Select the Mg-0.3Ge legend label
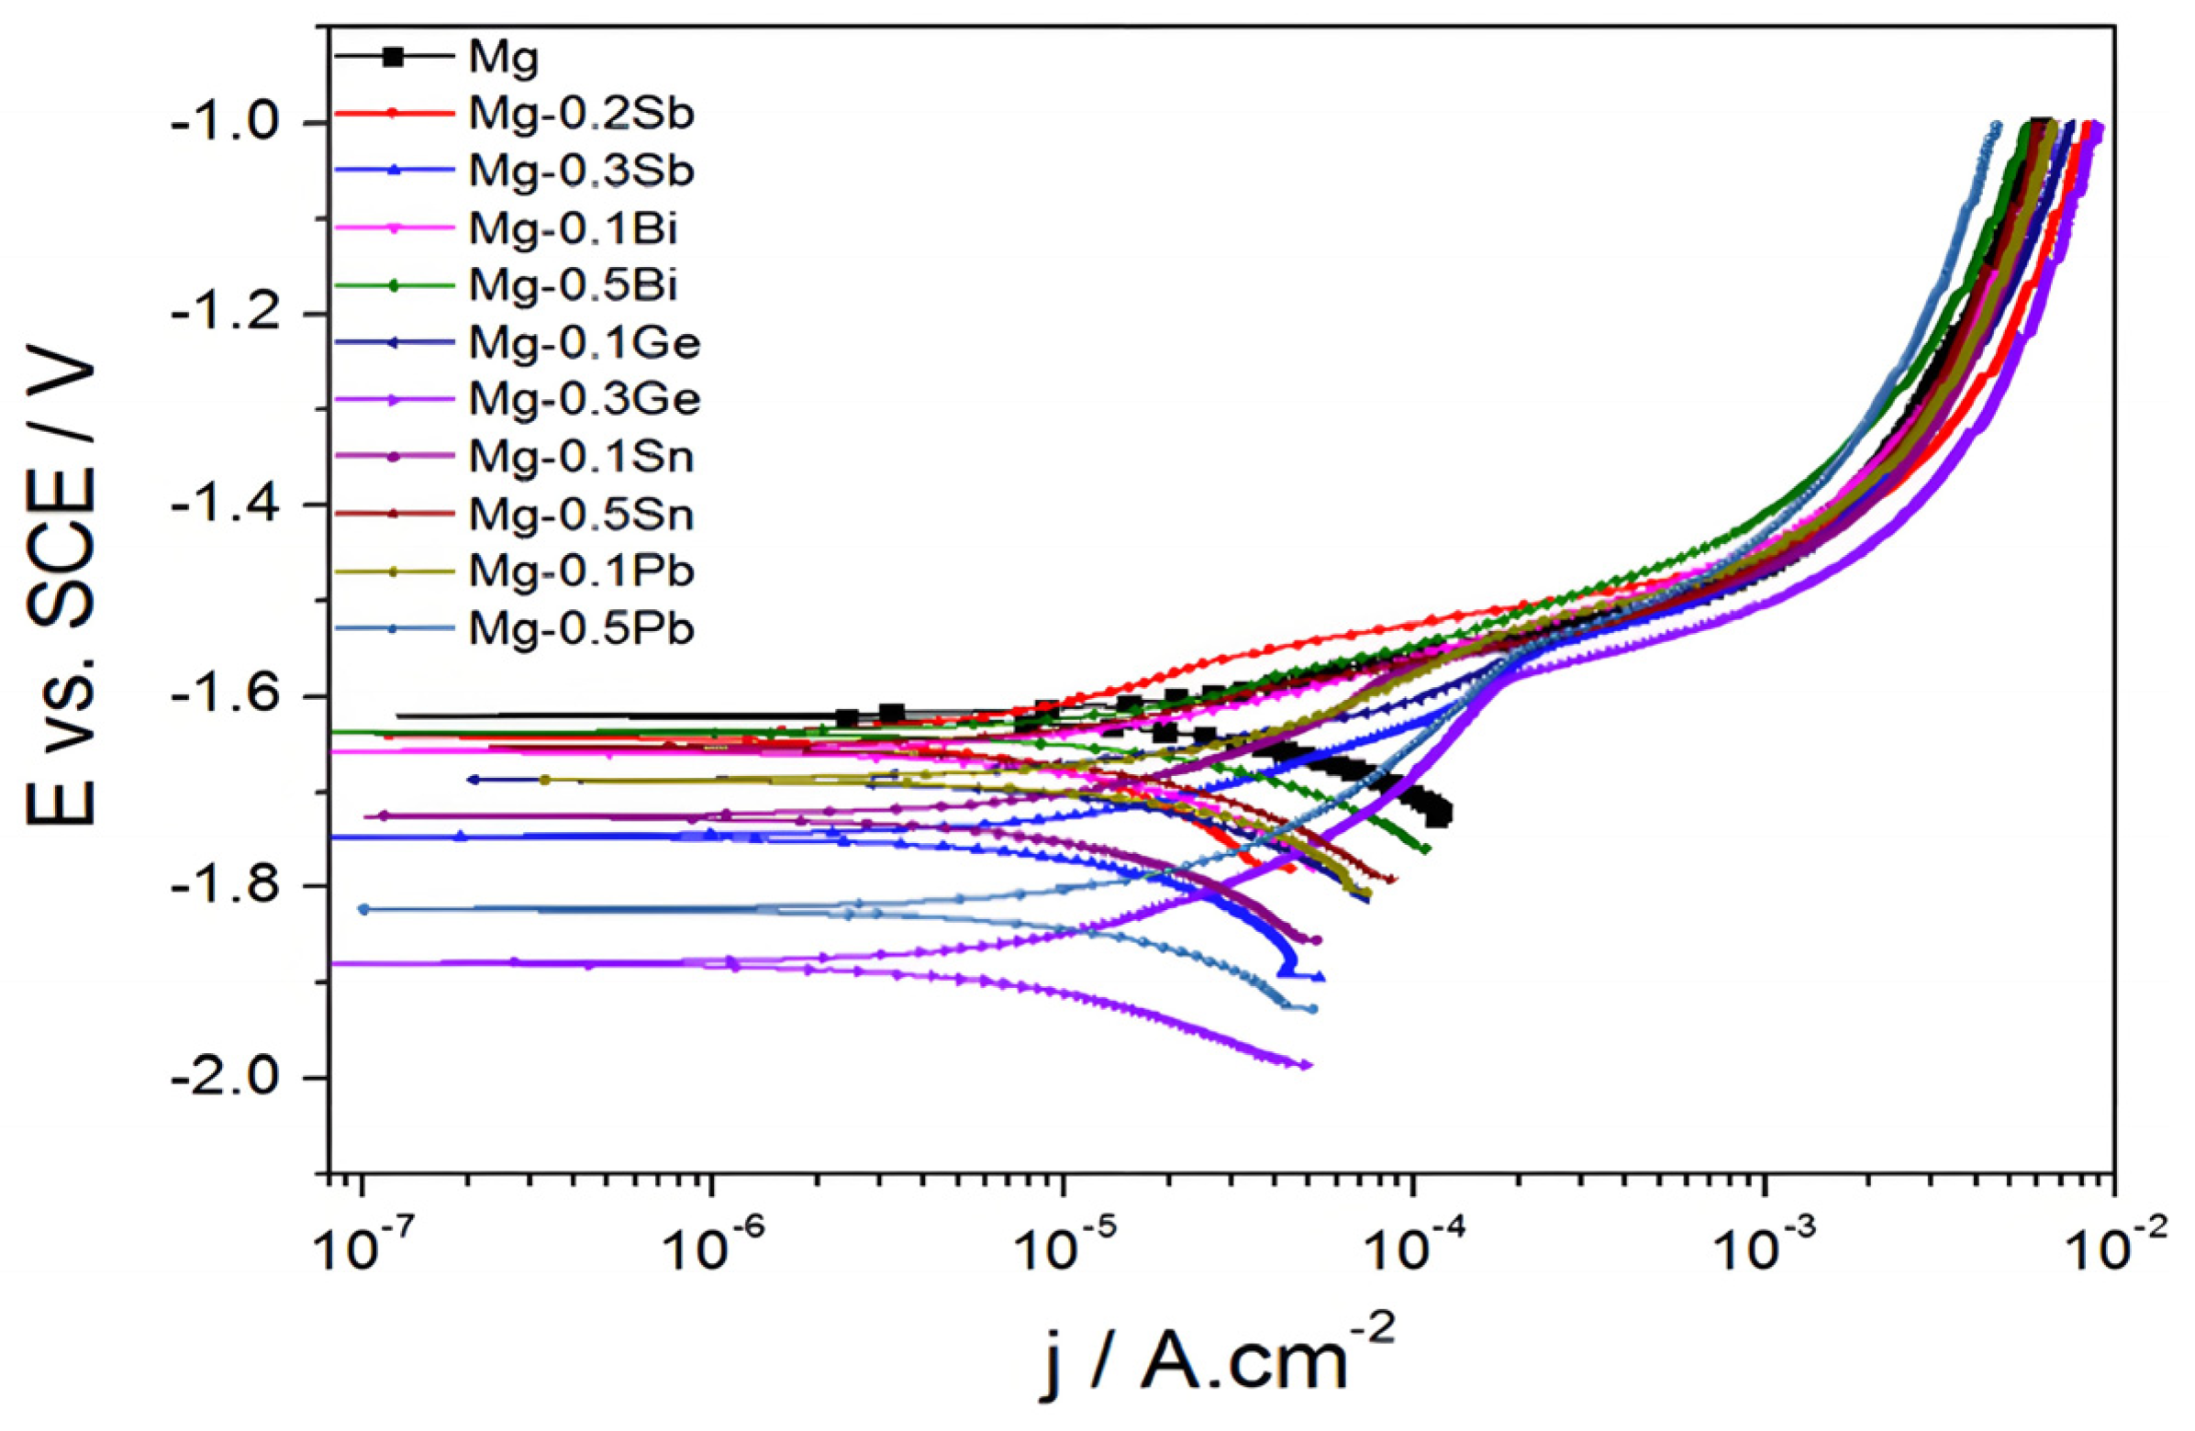tap(584, 400)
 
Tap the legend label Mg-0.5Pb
tap(581, 630)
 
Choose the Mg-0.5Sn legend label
tap(581, 516)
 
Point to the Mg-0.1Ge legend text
tap(584, 343)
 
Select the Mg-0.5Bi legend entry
tap(573, 286)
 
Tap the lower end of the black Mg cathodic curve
tap(1439, 815)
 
